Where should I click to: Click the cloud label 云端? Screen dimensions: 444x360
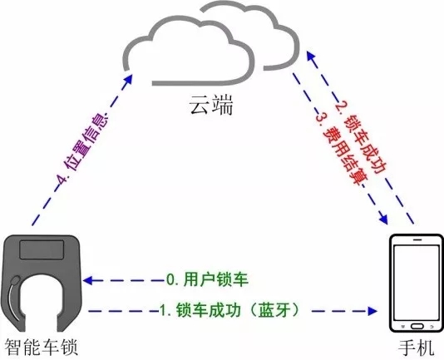[211, 104]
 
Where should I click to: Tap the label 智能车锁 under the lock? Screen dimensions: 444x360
[41, 347]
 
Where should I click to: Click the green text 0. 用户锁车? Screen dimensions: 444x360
[207, 279]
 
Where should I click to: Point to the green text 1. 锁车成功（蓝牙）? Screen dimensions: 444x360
[229, 310]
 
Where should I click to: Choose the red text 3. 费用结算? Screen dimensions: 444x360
[342, 149]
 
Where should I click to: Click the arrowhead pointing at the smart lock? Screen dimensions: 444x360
[89, 280]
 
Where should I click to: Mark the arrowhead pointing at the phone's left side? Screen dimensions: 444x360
[372, 311]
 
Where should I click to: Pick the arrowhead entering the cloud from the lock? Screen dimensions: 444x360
[129, 79]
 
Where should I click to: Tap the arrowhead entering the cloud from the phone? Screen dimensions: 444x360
[311, 56]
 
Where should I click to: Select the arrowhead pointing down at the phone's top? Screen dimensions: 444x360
[383, 219]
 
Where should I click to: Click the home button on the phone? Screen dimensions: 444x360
[417, 326]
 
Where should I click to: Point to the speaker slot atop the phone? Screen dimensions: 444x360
[417, 239]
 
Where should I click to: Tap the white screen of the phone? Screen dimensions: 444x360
[417, 282]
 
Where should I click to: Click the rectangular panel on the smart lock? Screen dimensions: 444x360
[42, 249]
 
